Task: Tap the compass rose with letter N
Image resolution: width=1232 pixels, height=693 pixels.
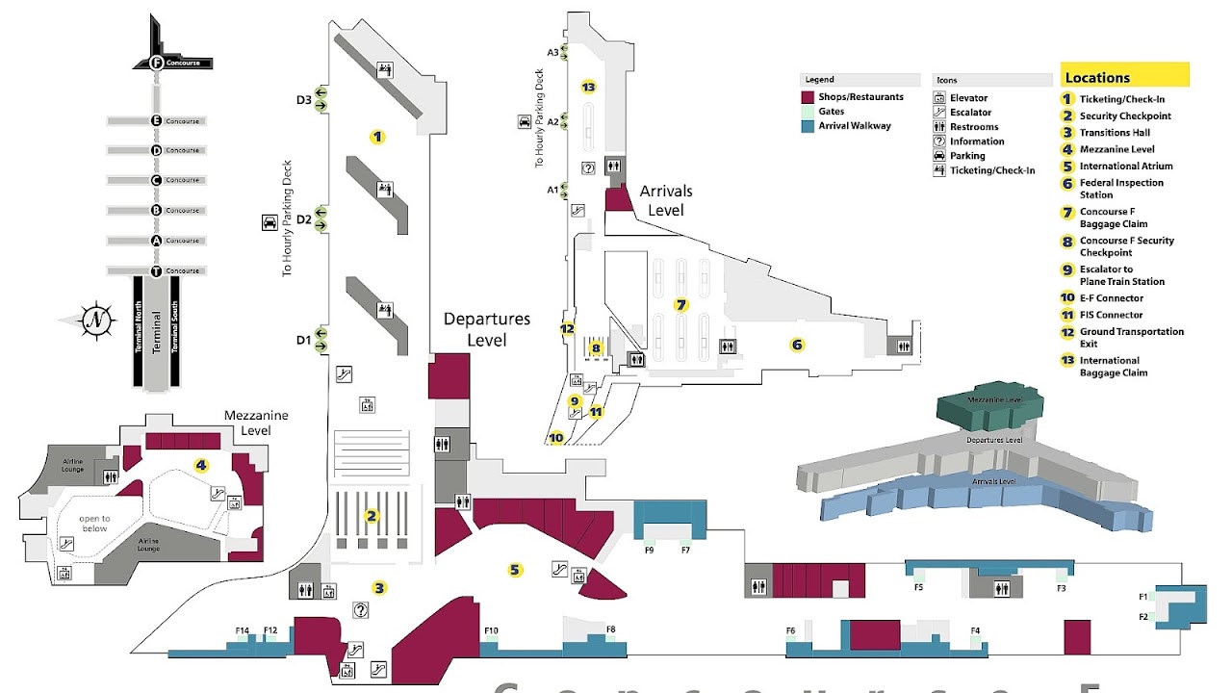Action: tap(96, 321)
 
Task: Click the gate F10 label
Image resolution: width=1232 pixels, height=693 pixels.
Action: tap(491, 631)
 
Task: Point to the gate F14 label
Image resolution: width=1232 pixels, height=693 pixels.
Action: tap(243, 631)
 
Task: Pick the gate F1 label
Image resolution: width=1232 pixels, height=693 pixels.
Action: tap(1143, 597)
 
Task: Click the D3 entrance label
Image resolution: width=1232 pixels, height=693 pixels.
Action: tap(304, 99)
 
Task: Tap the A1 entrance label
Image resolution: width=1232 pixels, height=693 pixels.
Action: tap(552, 190)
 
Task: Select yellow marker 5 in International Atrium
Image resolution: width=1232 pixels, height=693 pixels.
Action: tap(515, 570)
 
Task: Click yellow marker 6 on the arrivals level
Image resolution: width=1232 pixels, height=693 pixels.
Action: tap(797, 345)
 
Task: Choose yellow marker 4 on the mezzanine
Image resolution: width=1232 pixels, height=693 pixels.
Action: tap(201, 466)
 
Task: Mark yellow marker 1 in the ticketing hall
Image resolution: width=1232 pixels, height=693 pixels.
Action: tap(377, 137)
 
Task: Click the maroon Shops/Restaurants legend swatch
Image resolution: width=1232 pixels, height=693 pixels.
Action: tap(808, 97)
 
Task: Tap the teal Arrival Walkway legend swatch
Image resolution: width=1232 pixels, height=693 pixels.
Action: tap(808, 126)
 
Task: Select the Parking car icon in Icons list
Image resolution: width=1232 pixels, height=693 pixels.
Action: tap(938, 156)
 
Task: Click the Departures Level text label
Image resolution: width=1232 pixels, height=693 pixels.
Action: tap(486, 328)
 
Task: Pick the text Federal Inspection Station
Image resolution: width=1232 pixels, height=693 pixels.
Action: tap(1121, 189)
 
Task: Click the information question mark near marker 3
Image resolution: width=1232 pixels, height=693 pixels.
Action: tap(361, 609)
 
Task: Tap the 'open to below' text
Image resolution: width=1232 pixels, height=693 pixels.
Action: tap(94, 524)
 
